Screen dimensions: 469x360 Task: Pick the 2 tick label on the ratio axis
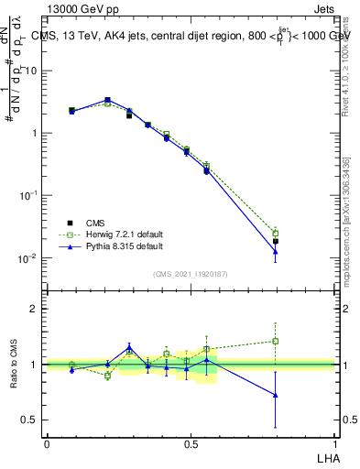36,310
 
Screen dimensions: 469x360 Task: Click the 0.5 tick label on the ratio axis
31,420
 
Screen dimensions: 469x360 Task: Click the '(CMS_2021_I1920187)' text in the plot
191,273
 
